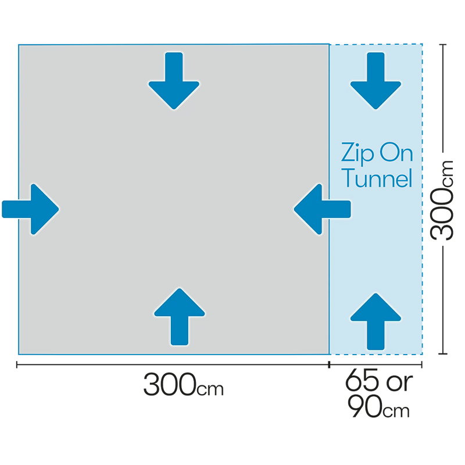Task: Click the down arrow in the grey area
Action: (x=174, y=81)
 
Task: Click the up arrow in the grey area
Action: (x=180, y=317)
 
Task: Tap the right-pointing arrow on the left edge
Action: (x=31, y=209)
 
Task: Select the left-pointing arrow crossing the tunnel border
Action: (x=322, y=209)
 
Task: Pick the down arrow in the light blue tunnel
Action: (x=375, y=81)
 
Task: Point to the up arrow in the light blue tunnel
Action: (x=375, y=322)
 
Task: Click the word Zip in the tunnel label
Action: (x=357, y=153)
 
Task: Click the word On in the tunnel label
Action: (x=396, y=153)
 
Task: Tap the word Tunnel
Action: (x=377, y=178)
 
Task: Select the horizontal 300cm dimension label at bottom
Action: (x=183, y=385)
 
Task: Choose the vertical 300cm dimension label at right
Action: (x=442, y=200)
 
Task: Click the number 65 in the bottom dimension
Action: (x=362, y=380)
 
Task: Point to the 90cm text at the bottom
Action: (x=379, y=406)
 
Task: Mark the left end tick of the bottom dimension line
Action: (x=17, y=364)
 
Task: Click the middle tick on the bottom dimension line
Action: (x=329, y=364)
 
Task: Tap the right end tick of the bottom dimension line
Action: (x=422, y=364)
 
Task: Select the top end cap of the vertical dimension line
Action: (x=443, y=45)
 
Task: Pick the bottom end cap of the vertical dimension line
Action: (x=443, y=353)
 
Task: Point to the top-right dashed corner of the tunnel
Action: (x=422, y=44)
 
